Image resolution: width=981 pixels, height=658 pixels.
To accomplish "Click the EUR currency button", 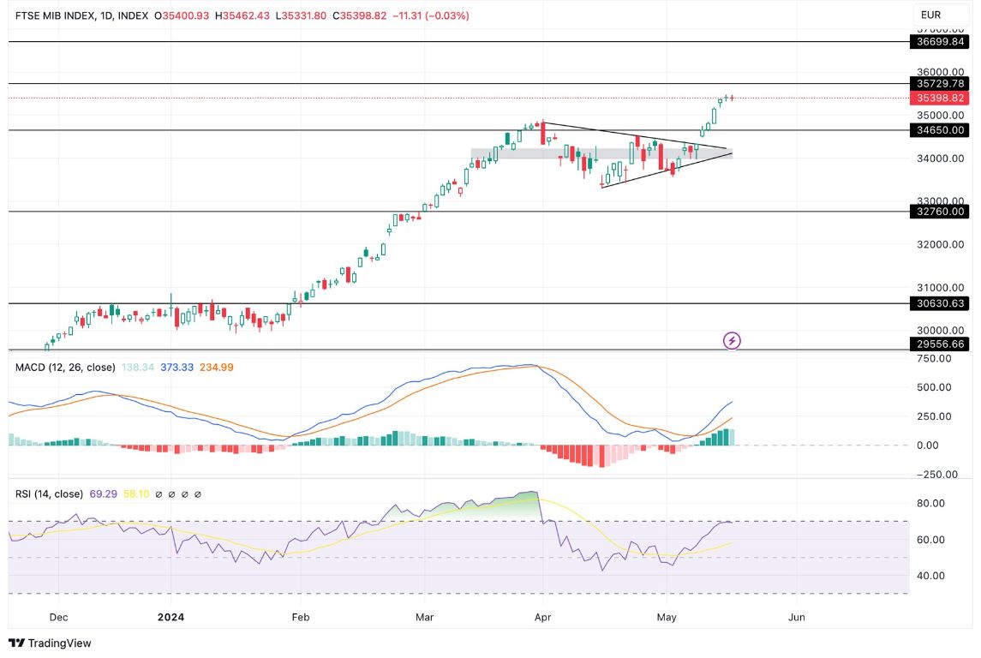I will [x=931, y=15].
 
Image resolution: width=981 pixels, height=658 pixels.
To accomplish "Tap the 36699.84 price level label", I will [x=941, y=41].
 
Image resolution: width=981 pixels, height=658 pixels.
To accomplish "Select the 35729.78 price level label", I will [x=941, y=84].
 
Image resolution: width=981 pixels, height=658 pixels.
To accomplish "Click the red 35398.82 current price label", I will [x=941, y=99].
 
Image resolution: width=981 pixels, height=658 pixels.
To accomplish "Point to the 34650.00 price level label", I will [x=941, y=130].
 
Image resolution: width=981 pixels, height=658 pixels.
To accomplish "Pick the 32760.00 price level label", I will [x=941, y=212].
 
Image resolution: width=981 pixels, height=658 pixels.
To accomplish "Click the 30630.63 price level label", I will [x=941, y=303].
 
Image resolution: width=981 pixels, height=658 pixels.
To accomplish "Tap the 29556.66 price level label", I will [x=941, y=344].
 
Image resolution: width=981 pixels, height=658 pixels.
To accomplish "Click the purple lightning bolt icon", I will [x=732, y=341].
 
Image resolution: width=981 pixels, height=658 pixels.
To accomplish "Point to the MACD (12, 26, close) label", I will [x=65, y=367].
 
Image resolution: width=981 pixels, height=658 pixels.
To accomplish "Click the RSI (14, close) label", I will [x=49, y=493].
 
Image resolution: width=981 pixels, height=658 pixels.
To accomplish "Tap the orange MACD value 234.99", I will [x=216, y=367].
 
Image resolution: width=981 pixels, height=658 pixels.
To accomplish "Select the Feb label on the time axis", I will [x=300, y=617].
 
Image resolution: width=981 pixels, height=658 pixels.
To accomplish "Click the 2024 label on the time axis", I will [x=170, y=617].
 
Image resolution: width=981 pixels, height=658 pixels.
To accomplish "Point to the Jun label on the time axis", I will [x=796, y=617].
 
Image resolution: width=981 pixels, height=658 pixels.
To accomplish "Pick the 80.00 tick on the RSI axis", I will [x=931, y=503].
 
